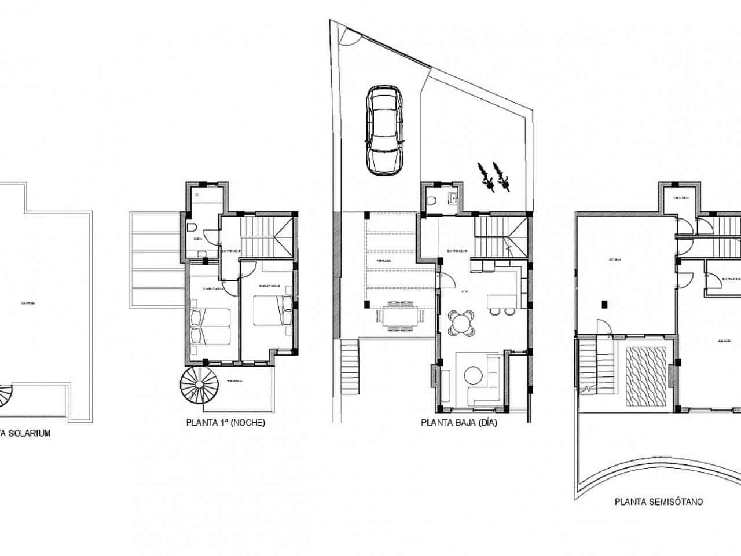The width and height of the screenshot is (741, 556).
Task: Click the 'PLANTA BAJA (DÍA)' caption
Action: pos(459,423)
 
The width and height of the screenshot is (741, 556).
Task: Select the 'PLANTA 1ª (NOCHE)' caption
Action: pos(226,423)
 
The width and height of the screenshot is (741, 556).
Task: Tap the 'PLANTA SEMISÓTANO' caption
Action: pos(659,502)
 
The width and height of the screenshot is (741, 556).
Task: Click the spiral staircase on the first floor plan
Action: pos(200,386)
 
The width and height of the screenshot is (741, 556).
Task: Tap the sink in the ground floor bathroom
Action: pos(453,199)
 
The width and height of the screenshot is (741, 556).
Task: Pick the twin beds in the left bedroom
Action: pos(210,325)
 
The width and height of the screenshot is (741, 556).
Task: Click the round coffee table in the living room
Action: pos(474,375)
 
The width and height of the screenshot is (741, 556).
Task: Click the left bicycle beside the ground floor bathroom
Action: pos(485,176)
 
